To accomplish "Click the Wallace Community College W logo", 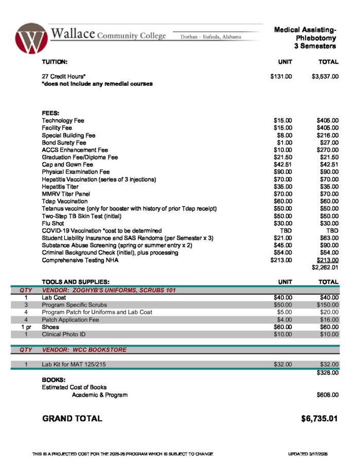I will pos(31,38).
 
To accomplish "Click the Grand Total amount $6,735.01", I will pos(319,418).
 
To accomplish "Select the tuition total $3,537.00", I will pos(325,77).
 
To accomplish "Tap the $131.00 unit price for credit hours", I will pos(281,77).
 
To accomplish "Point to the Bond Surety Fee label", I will pos(64,142).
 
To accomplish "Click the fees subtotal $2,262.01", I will pos(325,267).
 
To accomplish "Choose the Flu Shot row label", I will pos(53,224).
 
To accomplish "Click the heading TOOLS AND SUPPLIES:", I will pos(76,282).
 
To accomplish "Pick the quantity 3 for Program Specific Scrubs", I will pos(26,305).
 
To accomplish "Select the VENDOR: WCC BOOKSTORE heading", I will pos(84,350).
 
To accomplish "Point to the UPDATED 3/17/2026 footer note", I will pos(312,454).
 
